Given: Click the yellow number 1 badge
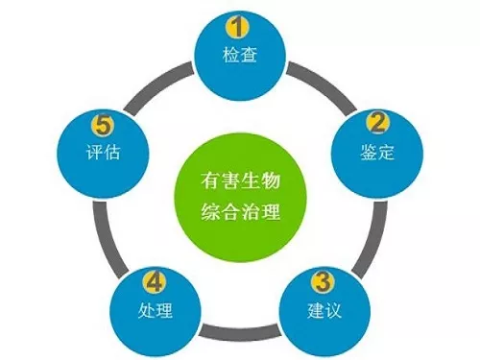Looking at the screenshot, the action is pos(237,27).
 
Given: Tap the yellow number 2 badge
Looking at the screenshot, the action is pos(377,123).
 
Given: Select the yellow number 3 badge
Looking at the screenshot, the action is pos(323,281).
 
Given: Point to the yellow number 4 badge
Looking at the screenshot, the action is pos(155,281).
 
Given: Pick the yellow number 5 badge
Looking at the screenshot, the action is pos(103,125).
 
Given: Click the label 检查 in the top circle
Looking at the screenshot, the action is pos(240,55).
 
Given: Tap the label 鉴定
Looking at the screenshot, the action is pos(377,152).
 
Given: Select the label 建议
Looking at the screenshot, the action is pos(324,310).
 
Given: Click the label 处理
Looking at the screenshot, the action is pos(156,310).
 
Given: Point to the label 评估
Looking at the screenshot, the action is pos(103,152).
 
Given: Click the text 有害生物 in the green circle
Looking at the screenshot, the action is pos(240,180).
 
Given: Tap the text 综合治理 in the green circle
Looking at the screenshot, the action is pos(240,211).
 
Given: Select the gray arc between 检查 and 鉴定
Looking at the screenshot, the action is pos(324,85).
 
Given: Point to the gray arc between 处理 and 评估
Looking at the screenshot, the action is pos(105,238).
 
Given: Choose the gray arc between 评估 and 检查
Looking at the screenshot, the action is pos(156,85).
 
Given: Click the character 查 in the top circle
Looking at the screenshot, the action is pos(249,55).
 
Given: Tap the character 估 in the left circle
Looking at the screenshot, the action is pos(112,152).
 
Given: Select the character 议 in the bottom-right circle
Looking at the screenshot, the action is pos(333,310).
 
